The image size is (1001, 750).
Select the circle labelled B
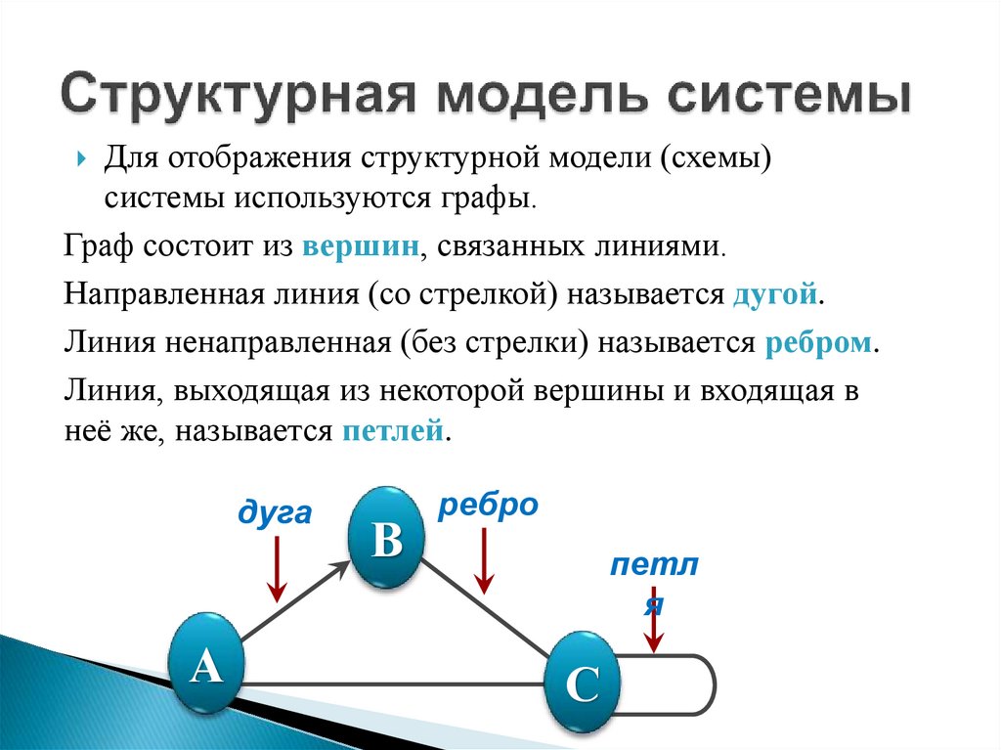click(x=388, y=538)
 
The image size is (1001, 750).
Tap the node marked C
click(x=582, y=684)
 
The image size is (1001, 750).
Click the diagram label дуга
click(x=275, y=513)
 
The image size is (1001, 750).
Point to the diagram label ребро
click(x=488, y=506)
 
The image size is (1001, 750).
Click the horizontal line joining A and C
click(x=391, y=683)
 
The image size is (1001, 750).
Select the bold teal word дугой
click(x=774, y=294)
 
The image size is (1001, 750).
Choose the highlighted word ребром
click(x=817, y=343)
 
